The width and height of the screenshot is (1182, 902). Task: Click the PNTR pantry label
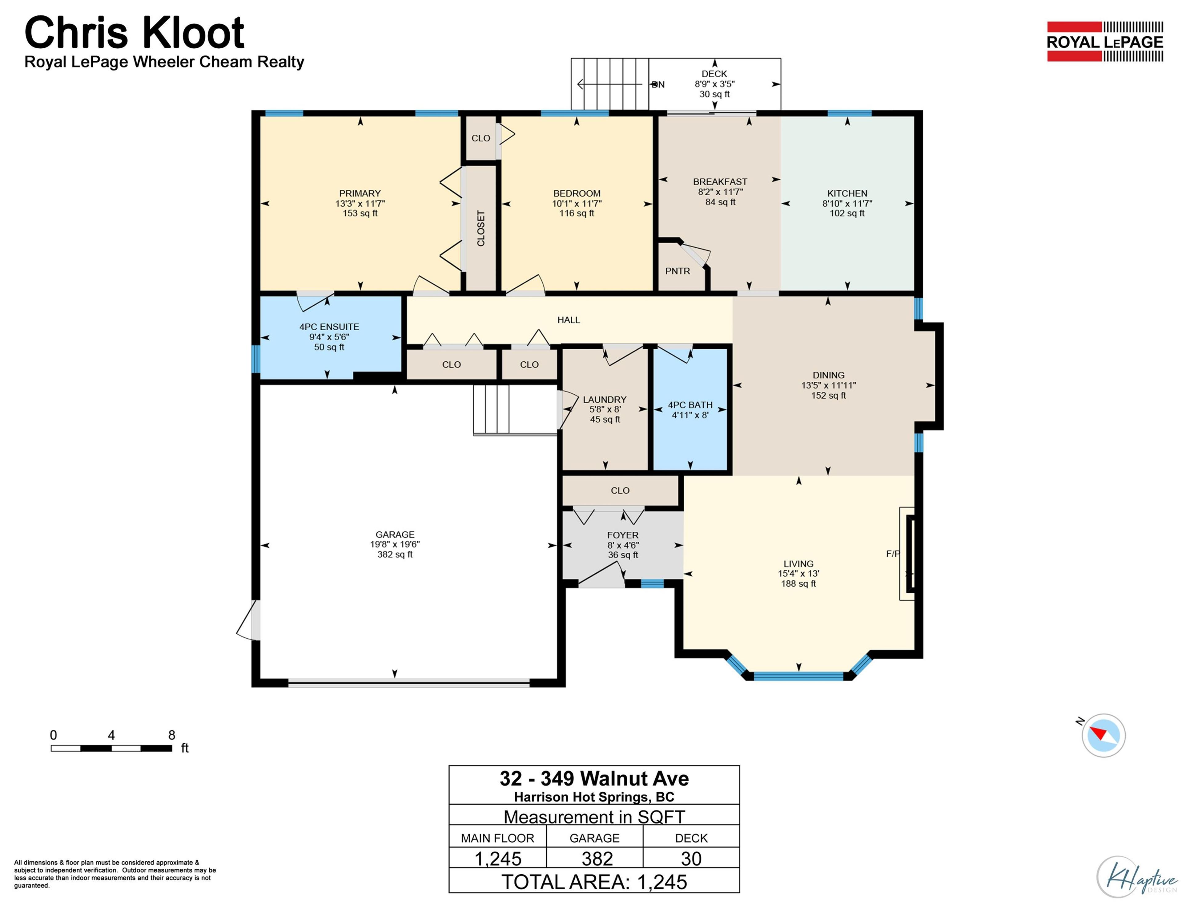coord(677,271)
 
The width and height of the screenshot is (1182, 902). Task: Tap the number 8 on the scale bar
coord(172,735)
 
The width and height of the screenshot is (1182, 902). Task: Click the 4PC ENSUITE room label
coord(329,327)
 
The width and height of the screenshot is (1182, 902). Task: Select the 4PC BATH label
coord(690,405)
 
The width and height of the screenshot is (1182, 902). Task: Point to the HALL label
coord(568,320)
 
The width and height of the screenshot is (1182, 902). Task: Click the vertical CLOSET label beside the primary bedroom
coord(481,228)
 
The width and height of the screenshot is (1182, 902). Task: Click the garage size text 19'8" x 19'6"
coord(395,544)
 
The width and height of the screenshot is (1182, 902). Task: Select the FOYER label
coord(622,535)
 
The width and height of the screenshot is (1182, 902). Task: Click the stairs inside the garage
coord(491,409)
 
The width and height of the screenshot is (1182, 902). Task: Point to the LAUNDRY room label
coord(604,400)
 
